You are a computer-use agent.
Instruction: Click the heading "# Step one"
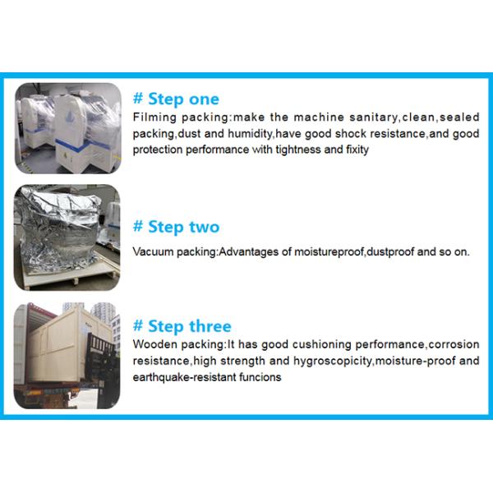coord(176,99)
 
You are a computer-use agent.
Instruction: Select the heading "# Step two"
coord(176,227)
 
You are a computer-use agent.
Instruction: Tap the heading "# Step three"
coord(182,326)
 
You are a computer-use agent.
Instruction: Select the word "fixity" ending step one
coord(357,150)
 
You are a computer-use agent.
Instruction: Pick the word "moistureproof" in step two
coord(329,252)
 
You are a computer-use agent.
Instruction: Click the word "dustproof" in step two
coord(390,252)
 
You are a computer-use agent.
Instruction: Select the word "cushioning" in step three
coord(321,344)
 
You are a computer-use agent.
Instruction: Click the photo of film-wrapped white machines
coord(68,128)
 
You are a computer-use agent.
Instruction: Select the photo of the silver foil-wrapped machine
coord(67,237)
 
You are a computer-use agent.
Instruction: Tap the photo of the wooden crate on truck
coord(67,356)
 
